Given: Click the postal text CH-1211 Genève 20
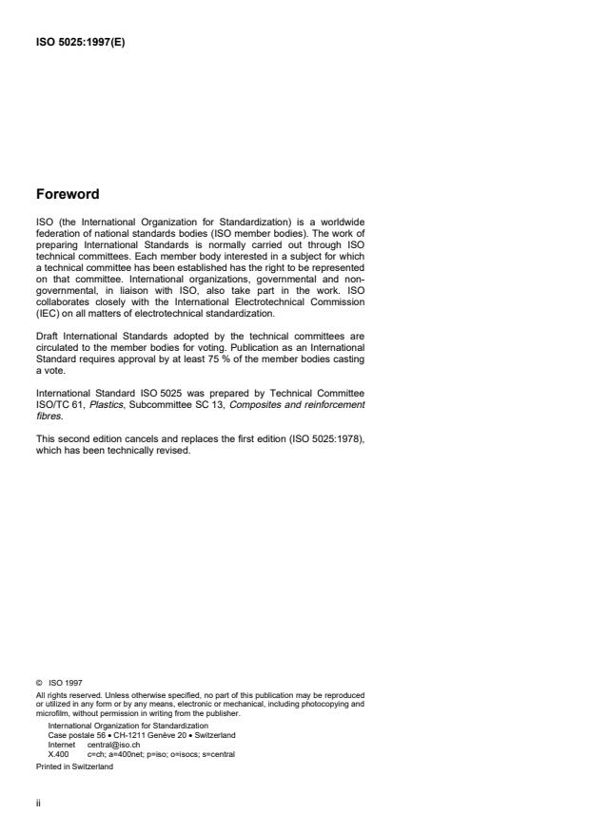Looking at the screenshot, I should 139,735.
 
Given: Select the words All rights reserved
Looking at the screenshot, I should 62,693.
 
